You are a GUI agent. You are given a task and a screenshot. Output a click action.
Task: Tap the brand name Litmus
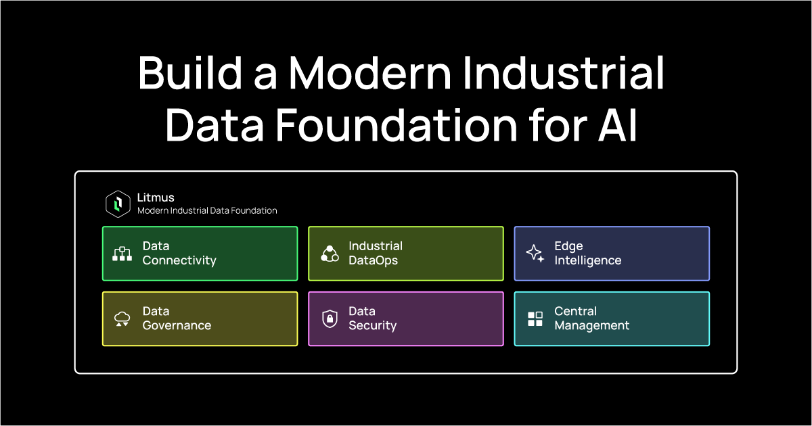pyautogui.click(x=156, y=197)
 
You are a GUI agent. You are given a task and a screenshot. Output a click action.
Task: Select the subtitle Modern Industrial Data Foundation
pyautogui.click(x=207, y=210)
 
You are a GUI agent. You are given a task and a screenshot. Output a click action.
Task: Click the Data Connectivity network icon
pyautogui.click(x=122, y=254)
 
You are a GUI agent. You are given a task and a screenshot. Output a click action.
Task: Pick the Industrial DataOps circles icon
pyautogui.click(x=330, y=254)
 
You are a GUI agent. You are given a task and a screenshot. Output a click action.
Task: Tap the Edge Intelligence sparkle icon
pyautogui.click(x=535, y=254)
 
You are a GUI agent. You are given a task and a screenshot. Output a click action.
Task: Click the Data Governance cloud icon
pyautogui.click(x=122, y=319)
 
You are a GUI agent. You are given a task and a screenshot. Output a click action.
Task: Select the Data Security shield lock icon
pyautogui.click(x=330, y=319)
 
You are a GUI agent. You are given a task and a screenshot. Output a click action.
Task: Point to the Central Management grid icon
pyautogui.click(x=535, y=319)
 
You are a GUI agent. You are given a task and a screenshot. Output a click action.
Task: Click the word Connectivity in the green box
pyautogui.click(x=179, y=260)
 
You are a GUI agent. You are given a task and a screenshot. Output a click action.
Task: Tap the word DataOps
pyautogui.click(x=374, y=260)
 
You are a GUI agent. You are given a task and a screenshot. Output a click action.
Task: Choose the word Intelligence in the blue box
pyautogui.click(x=588, y=260)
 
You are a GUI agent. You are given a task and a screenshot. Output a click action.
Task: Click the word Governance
pyautogui.click(x=177, y=325)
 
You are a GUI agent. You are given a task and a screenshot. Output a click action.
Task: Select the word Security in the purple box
pyautogui.click(x=373, y=325)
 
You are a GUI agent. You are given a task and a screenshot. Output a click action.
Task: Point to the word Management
pyautogui.click(x=592, y=325)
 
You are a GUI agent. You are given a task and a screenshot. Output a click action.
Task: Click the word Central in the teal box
pyautogui.click(x=576, y=312)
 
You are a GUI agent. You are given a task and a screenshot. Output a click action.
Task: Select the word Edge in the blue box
pyautogui.click(x=568, y=246)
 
